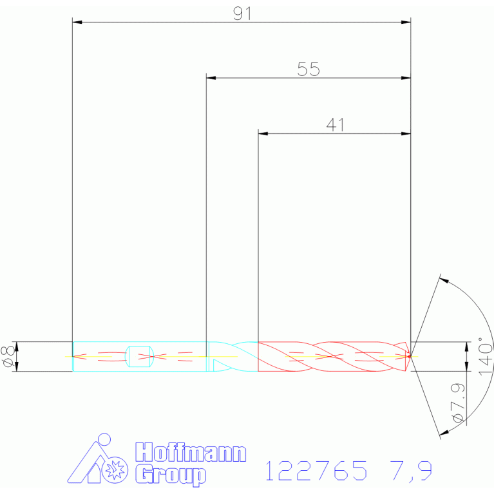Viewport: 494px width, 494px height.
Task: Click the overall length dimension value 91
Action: (242, 14)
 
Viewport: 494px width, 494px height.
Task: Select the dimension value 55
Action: (309, 70)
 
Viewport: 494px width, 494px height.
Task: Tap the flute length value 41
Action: (335, 125)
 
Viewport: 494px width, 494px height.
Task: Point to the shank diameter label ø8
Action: (8, 356)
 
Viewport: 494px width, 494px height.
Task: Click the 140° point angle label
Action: (485, 356)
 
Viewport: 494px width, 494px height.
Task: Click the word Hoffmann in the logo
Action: (191, 452)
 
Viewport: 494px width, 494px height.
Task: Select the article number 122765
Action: (316, 470)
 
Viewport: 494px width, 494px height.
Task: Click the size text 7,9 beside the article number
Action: (411, 471)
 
